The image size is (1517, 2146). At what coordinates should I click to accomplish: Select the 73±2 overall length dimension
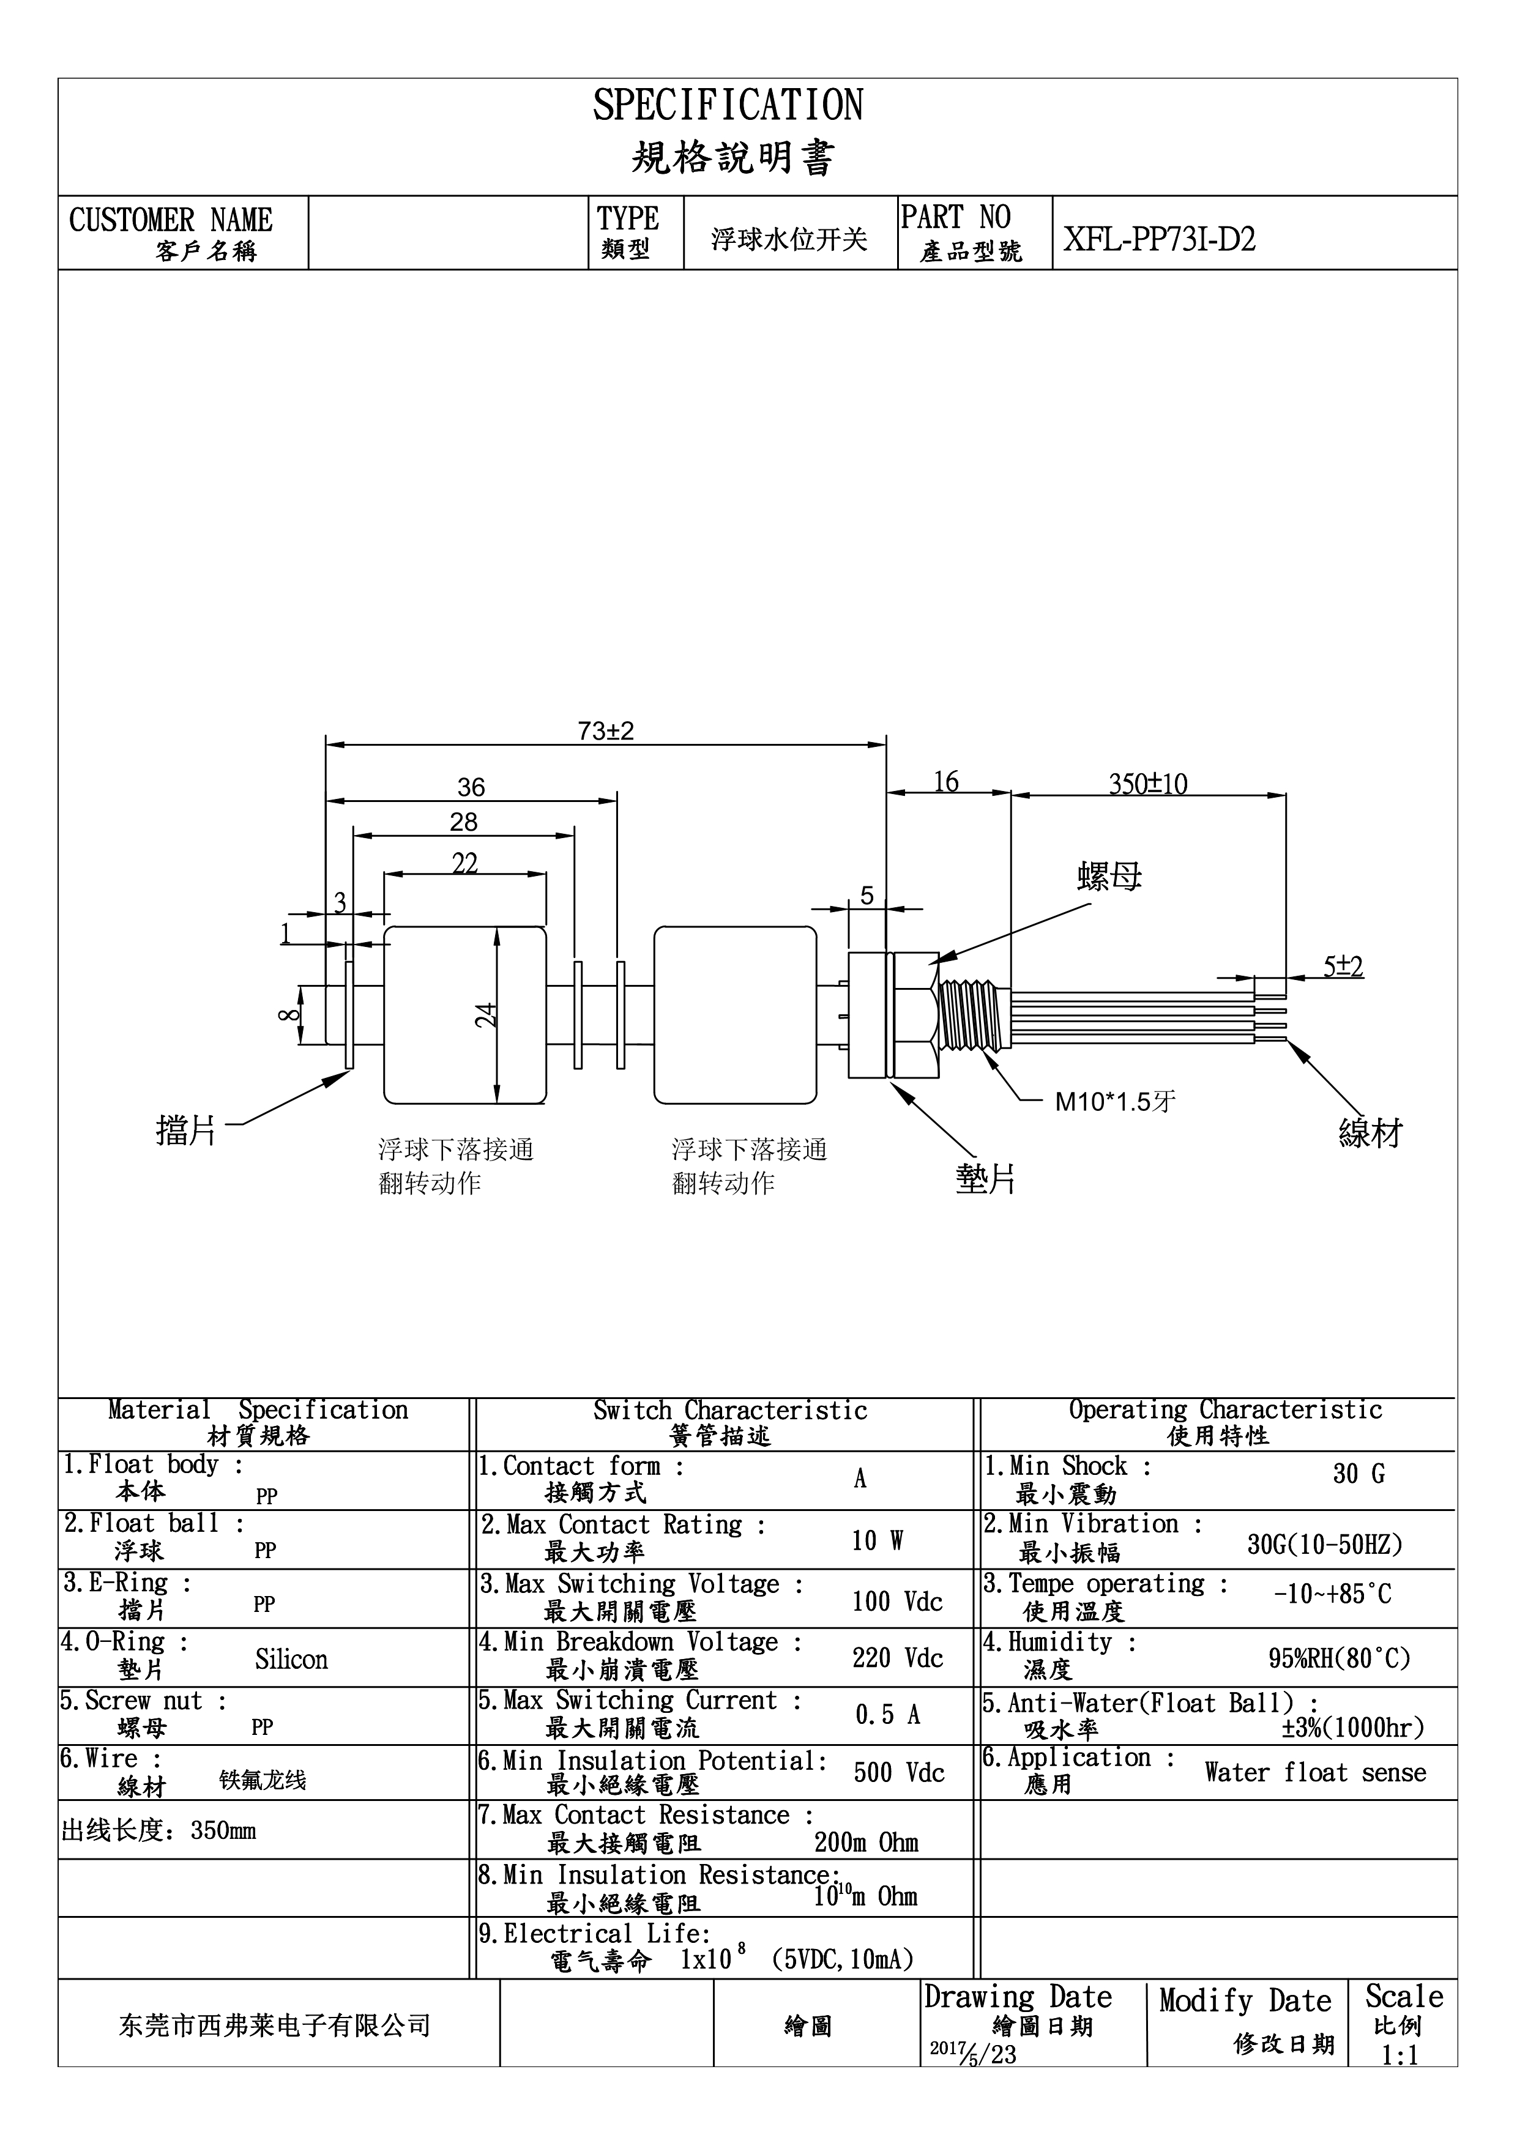click(x=606, y=731)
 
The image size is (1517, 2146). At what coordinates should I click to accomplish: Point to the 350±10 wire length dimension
click(x=1148, y=783)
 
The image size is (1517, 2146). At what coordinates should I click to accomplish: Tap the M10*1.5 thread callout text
click(x=1115, y=1101)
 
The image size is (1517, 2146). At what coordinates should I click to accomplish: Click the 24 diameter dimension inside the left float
click(x=486, y=1014)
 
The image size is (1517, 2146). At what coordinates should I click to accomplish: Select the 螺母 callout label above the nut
click(x=1109, y=877)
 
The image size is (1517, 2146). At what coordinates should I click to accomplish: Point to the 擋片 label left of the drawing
click(x=186, y=1131)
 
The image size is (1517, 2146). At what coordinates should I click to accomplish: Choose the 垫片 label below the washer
click(x=985, y=1179)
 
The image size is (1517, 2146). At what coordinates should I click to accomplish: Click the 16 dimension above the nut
click(x=946, y=781)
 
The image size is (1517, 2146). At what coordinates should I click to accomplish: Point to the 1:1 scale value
click(x=1400, y=2081)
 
